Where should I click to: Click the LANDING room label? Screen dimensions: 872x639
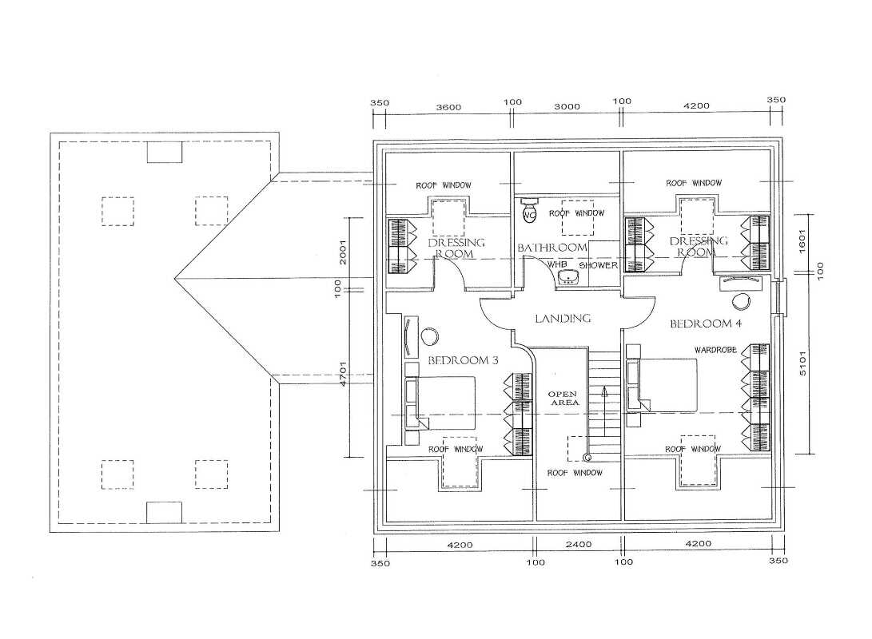(x=563, y=319)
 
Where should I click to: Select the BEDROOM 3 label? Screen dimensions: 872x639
(x=463, y=360)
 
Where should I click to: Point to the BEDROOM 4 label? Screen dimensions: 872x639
(x=706, y=323)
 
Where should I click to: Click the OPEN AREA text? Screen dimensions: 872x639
(x=564, y=398)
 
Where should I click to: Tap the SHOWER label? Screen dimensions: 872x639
(x=599, y=265)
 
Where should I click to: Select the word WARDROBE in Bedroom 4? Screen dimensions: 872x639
(x=715, y=350)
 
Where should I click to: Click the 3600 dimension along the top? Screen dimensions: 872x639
(x=448, y=107)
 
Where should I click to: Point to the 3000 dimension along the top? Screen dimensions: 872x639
(x=567, y=106)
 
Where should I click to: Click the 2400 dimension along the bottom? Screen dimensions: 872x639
(x=579, y=545)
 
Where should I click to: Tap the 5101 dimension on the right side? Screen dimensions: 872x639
(x=803, y=363)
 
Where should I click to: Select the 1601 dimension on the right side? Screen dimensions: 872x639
(x=802, y=242)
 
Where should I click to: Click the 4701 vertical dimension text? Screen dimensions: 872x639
(x=343, y=373)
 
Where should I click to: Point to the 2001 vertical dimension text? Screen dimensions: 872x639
(x=343, y=252)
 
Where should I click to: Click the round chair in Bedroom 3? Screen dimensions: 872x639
(x=430, y=336)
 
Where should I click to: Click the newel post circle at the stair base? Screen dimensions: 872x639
(x=587, y=457)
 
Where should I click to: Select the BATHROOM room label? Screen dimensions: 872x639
(x=552, y=248)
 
